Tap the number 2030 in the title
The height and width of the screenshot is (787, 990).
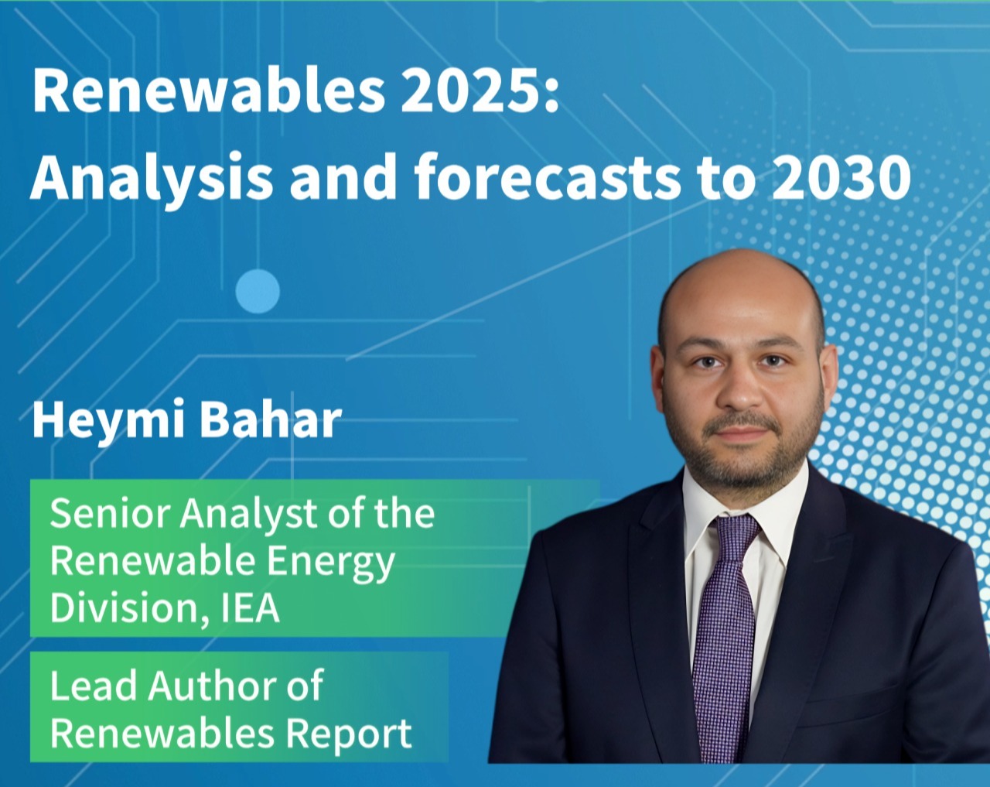coord(841,176)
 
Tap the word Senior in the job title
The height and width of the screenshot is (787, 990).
coord(110,514)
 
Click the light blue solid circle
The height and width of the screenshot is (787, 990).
coord(258,291)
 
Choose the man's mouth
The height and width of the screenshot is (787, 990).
coord(741,433)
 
